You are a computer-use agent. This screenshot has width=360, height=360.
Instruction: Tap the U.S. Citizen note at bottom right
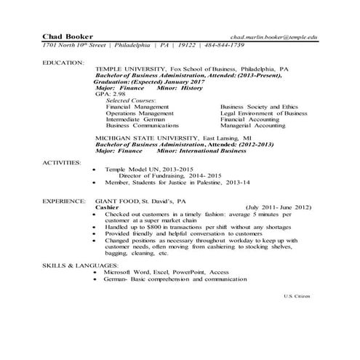[297, 297]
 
